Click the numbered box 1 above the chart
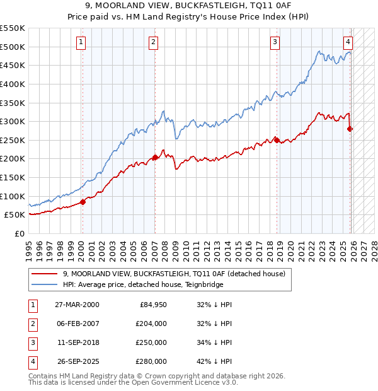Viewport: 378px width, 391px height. [x=82, y=42]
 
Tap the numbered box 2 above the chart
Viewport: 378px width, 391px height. [x=154, y=42]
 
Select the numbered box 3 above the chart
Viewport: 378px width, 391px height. [x=275, y=42]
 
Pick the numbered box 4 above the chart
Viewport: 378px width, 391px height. [x=348, y=42]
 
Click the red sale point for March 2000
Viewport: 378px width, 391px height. [x=83, y=202]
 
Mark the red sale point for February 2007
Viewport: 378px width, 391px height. [x=155, y=158]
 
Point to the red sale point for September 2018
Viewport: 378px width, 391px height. [x=277, y=140]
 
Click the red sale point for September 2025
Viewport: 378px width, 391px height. [x=350, y=129]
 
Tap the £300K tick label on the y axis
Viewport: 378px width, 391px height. [x=13, y=121]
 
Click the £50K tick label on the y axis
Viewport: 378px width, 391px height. [x=14, y=215]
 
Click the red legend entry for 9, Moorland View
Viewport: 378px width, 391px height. [x=174, y=274]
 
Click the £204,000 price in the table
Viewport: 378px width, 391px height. [x=152, y=324]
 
